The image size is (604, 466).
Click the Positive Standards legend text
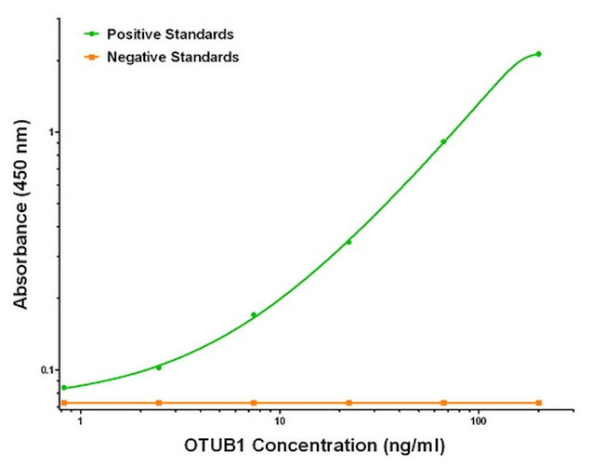170,34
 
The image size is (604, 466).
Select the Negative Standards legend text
173,58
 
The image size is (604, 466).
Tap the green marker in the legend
89,34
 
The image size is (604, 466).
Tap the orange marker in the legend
89,58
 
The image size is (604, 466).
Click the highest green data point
539,54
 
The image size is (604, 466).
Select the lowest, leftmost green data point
64,388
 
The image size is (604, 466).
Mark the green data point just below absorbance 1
443,141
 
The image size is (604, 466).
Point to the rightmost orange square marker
539,403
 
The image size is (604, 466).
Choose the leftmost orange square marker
64,403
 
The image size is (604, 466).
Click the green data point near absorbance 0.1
159,367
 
